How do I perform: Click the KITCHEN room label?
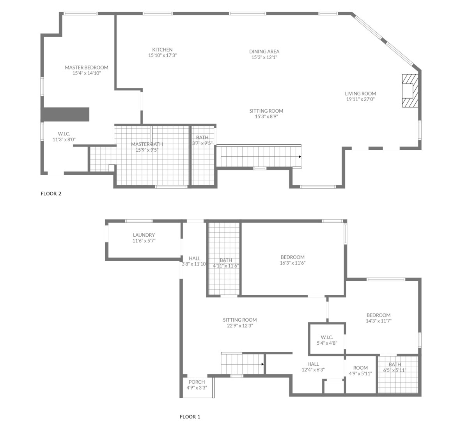[x=162, y=50]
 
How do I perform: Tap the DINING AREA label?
[x=264, y=51]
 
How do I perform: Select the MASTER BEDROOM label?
[x=87, y=67]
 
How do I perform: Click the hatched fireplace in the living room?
[x=410, y=91]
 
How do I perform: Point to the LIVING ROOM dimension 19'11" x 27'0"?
[x=360, y=99]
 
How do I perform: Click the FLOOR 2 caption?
[x=51, y=193]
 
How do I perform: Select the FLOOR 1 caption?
[x=190, y=416]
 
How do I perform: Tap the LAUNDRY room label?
[x=144, y=235]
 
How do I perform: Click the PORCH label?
[x=197, y=382]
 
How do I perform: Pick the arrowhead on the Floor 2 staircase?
[x=300, y=157]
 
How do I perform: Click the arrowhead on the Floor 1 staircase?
[x=262, y=364]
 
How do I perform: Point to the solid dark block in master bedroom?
[x=65, y=115]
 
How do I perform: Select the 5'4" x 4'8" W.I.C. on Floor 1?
[x=327, y=340]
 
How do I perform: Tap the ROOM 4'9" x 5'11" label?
[x=360, y=370]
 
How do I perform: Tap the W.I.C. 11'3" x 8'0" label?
[x=64, y=136]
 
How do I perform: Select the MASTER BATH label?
[x=147, y=144]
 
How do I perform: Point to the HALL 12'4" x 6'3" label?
[x=313, y=367]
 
